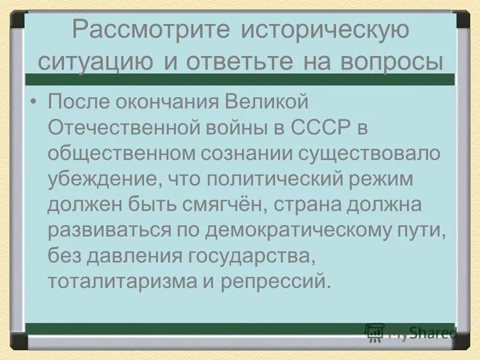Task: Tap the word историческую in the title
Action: [324, 32]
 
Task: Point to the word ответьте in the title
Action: [230, 62]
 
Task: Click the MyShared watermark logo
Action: [410, 333]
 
